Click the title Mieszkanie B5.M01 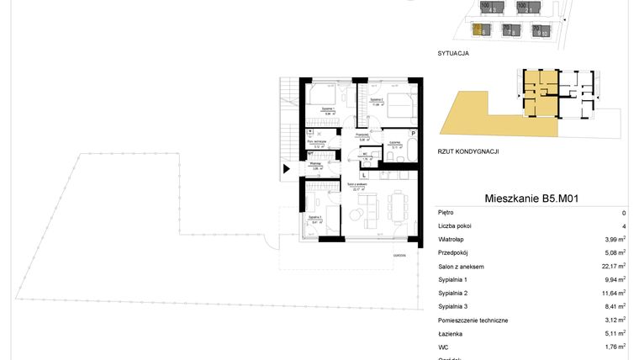(534, 199)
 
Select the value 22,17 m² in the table (613, 267)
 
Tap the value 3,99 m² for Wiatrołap (615, 240)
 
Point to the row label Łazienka (450, 334)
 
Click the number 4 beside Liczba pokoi (623, 226)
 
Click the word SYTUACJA (453, 53)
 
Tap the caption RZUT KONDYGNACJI (469, 151)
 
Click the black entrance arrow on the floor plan (287, 168)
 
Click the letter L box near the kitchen (363, 175)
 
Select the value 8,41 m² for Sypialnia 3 (615, 307)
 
